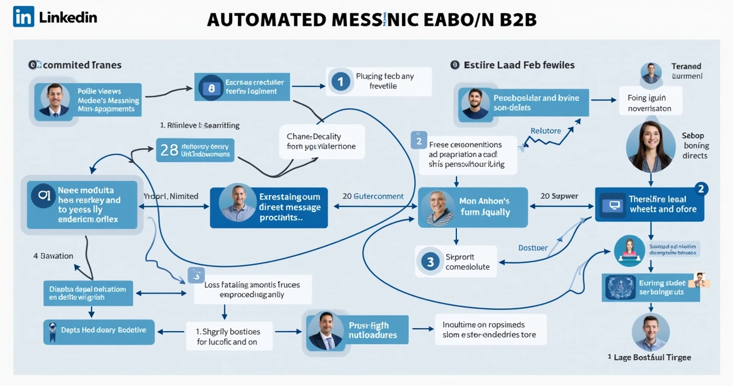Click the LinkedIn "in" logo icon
pyautogui.click(x=24, y=16)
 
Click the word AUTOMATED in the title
pyautogui.click(x=266, y=19)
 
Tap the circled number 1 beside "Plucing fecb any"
pyautogui.click(x=341, y=81)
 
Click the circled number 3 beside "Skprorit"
pyautogui.click(x=430, y=261)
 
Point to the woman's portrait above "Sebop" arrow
pyautogui.click(x=650, y=147)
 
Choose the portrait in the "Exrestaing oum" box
pyautogui.click(x=238, y=203)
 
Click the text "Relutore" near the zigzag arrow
pyautogui.click(x=546, y=131)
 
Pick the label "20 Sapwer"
pyautogui.click(x=559, y=196)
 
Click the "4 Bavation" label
pyautogui.click(x=53, y=256)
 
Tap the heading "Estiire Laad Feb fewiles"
pyautogui.click(x=519, y=65)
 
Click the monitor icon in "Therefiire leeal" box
pyautogui.click(x=615, y=205)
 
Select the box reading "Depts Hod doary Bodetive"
pyautogui.click(x=99, y=331)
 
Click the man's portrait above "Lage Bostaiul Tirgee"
pyautogui.click(x=650, y=332)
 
